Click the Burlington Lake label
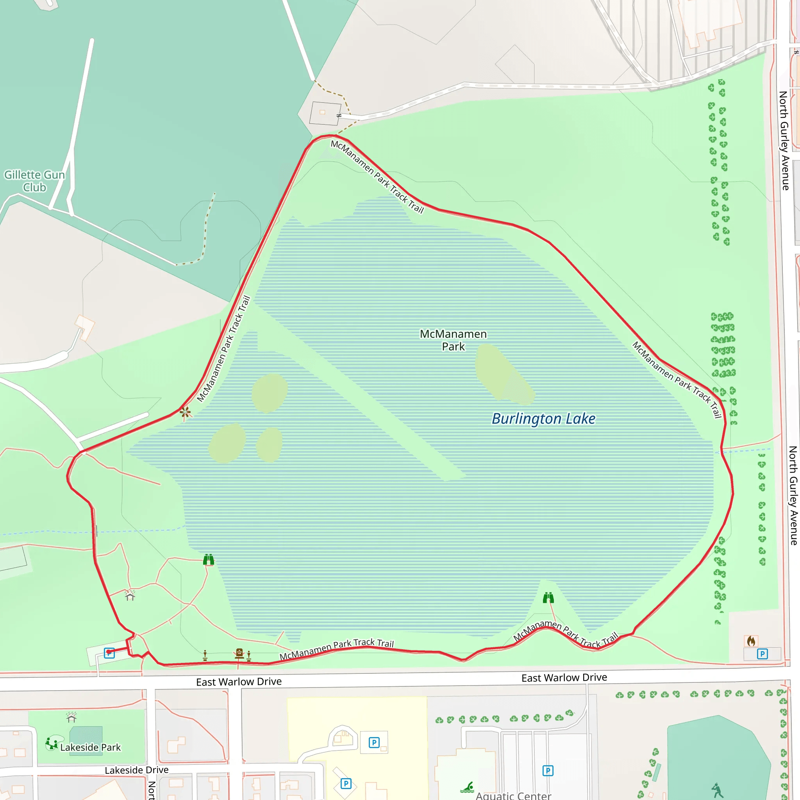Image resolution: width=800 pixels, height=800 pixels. coord(543,419)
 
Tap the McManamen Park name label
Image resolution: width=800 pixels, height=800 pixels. coord(453,340)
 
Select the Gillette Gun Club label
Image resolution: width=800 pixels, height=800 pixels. coord(34,181)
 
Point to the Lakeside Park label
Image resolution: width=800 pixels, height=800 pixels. coord(90,747)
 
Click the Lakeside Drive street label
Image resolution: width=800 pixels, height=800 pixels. coord(136,770)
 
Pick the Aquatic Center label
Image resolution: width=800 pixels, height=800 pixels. coord(513,795)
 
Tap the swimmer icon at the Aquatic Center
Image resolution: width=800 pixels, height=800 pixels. coord(468,787)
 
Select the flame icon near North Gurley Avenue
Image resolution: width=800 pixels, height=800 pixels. coord(751,641)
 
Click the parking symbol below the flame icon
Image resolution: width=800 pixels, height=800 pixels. coord(762,654)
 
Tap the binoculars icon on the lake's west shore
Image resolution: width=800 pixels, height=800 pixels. coord(209,560)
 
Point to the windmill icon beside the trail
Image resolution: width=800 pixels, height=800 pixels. coord(185,412)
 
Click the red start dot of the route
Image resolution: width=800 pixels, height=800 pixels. coord(109,653)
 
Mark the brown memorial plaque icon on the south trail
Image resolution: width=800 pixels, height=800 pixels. coord(239,654)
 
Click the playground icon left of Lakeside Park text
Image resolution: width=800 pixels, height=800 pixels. coord(52,744)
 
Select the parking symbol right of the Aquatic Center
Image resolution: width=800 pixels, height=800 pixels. coord(548,771)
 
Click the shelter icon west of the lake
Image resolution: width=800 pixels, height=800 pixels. coord(130,595)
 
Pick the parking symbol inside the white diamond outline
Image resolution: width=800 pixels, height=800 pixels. coord(346,784)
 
